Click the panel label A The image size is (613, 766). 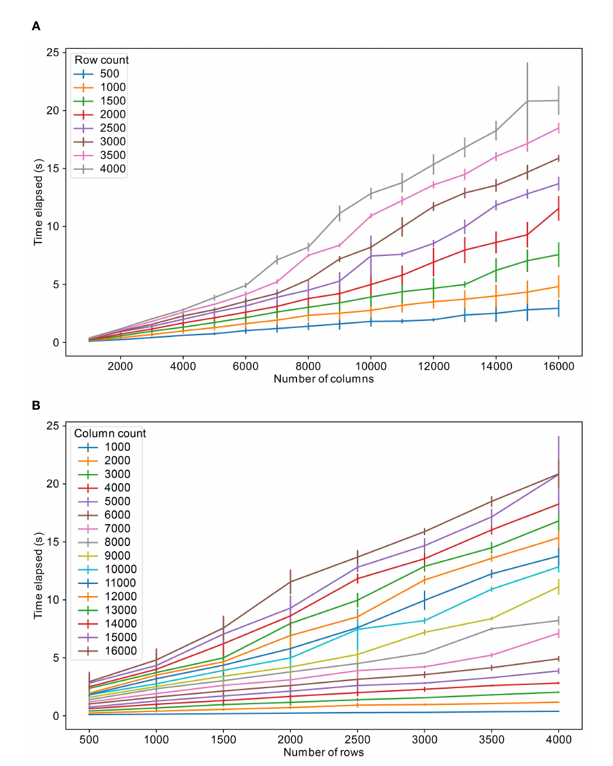coord(36,26)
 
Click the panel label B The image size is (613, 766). coord(36,405)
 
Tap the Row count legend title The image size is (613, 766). coord(101,60)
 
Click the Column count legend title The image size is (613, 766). coord(109,433)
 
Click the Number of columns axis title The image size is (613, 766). coord(324,379)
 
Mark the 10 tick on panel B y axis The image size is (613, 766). coord(53,599)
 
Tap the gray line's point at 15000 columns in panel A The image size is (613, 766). coord(527,101)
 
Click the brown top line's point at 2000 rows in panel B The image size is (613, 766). coord(290,581)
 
